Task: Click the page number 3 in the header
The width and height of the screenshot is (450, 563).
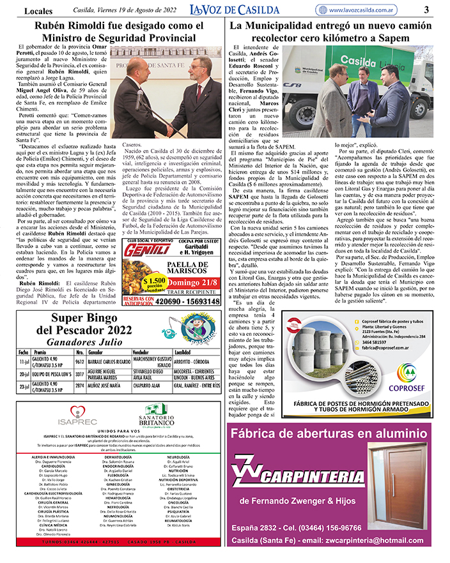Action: point(426,10)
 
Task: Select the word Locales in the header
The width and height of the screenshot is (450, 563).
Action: point(39,10)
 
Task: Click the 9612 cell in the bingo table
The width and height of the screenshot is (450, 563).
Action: point(80,361)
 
